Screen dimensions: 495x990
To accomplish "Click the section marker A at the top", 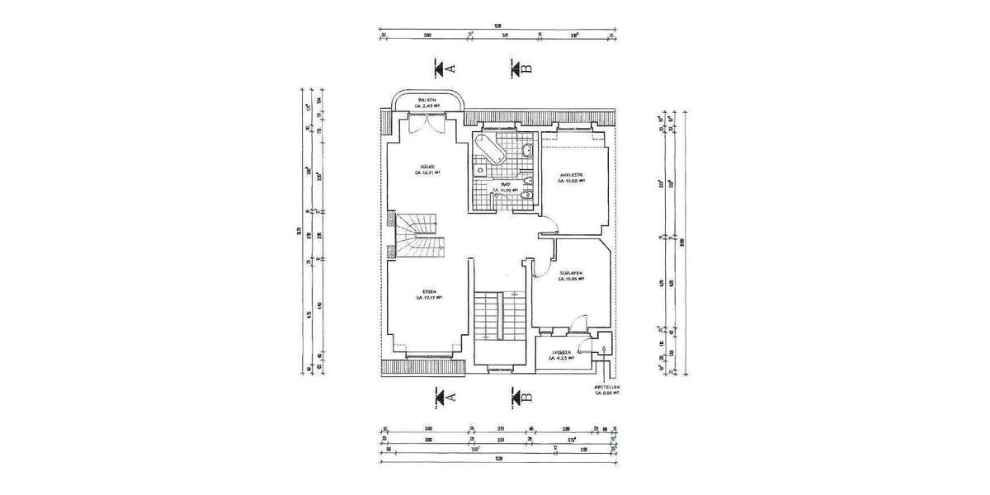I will [445, 66].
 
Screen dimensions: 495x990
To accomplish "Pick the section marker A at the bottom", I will [445, 398].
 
